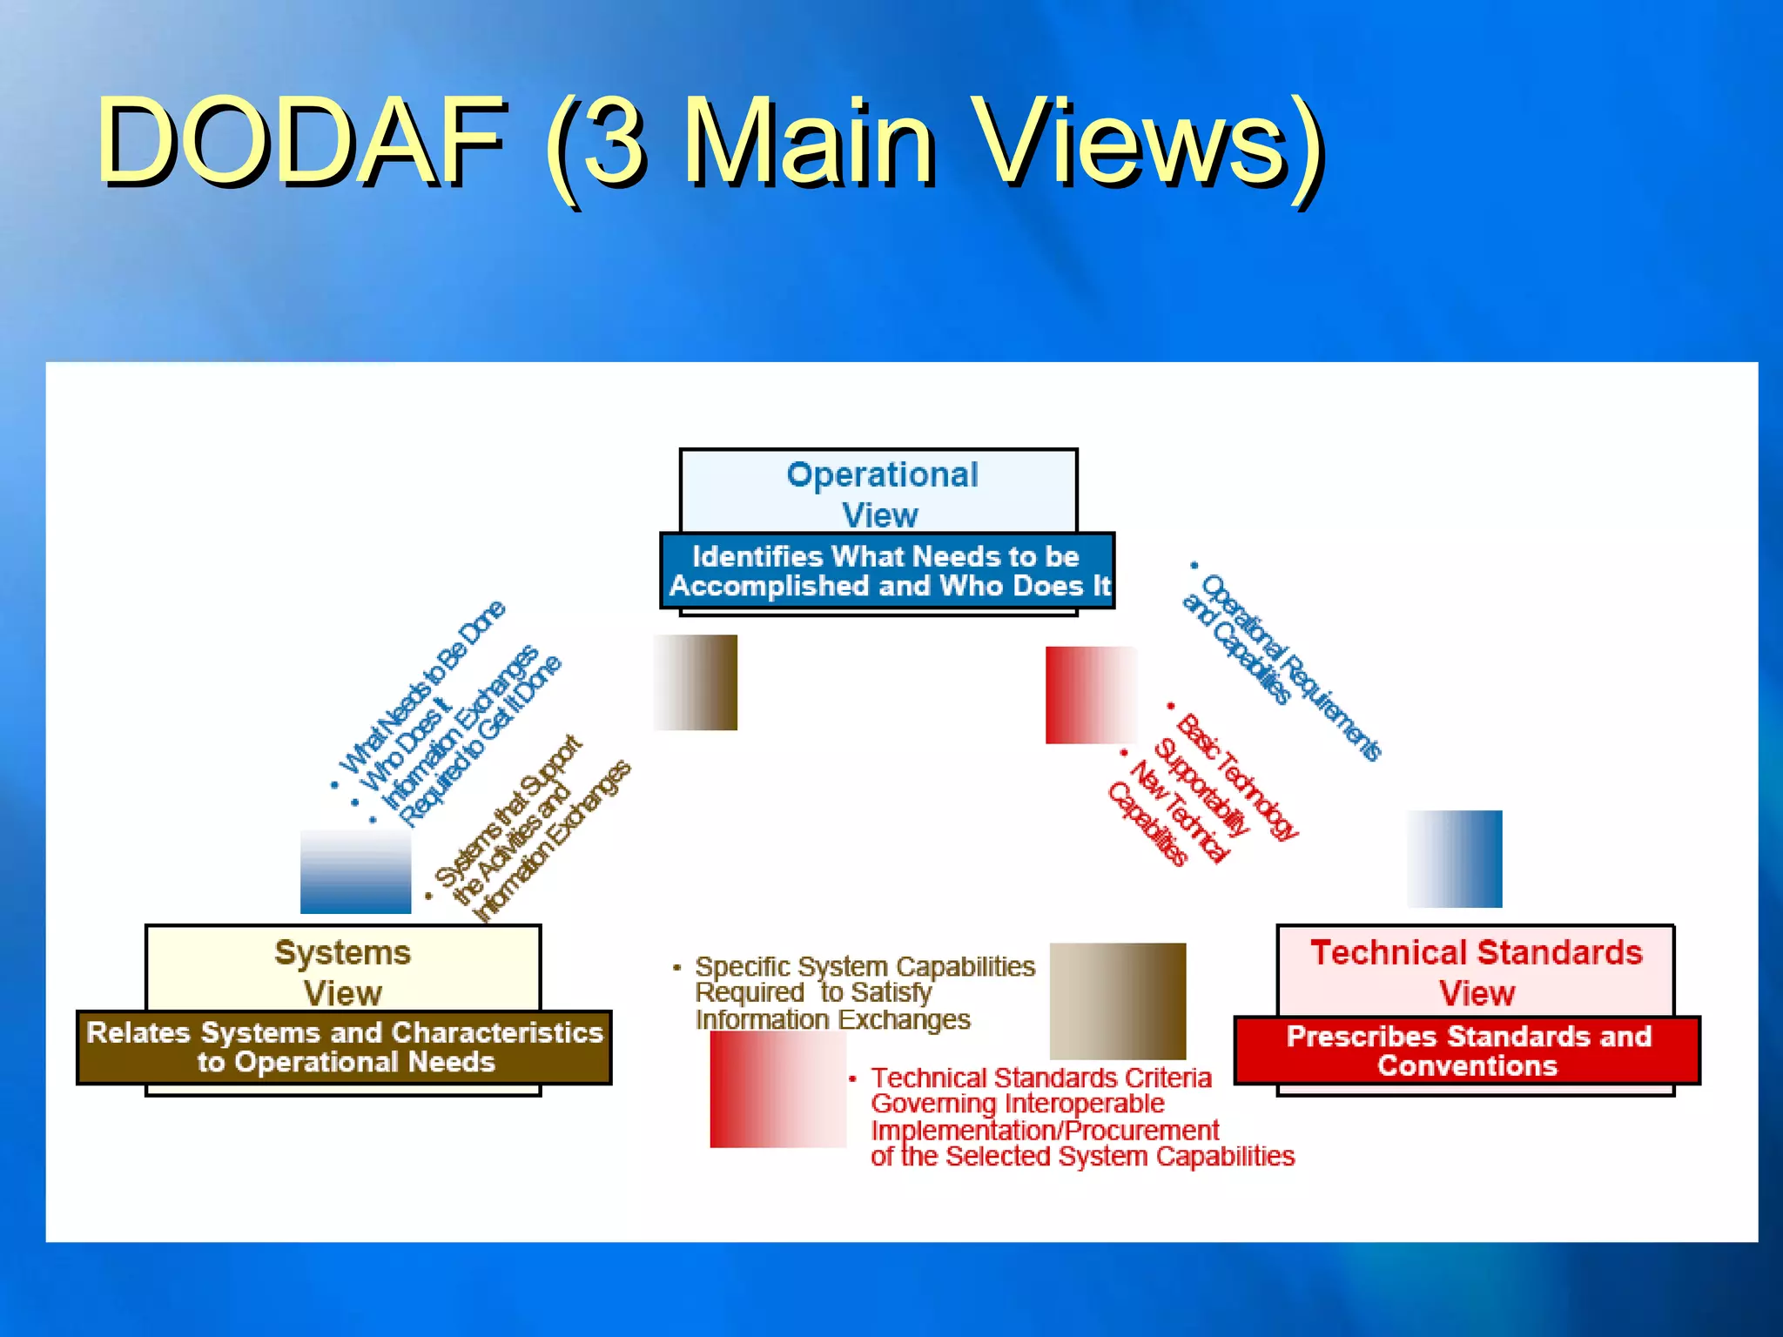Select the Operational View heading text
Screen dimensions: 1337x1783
click(x=881, y=494)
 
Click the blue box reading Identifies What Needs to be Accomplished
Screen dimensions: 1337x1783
click(x=887, y=571)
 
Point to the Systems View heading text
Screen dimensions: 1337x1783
click(x=342, y=971)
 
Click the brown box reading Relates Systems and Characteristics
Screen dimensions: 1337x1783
click(x=345, y=1047)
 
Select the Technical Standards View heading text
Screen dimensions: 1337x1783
click(x=1477, y=971)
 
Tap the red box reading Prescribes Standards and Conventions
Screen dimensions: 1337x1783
click(x=1468, y=1051)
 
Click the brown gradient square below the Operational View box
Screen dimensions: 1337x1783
click(x=696, y=682)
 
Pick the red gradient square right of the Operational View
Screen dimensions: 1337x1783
click(x=1091, y=695)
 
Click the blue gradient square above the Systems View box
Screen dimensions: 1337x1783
click(x=355, y=871)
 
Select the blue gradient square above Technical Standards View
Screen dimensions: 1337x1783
click(x=1455, y=859)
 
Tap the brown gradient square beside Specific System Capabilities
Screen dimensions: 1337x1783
click(x=1118, y=1001)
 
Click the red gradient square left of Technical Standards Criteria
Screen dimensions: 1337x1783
click(x=777, y=1089)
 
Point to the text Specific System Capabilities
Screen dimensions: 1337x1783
click(x=865, y=967)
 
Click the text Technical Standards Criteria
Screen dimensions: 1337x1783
click(x=1041, y=1078)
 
